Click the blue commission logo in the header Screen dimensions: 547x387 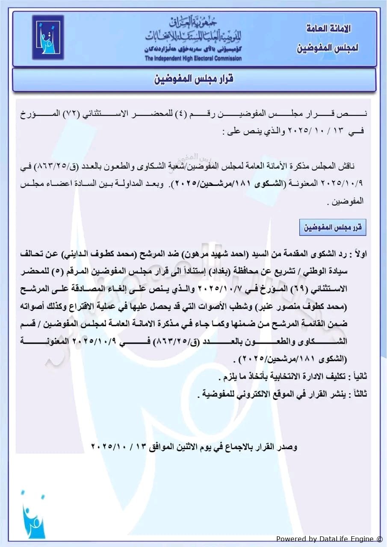click(x=48, y=38)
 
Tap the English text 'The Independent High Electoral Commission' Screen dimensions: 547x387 click(x=193, y=59)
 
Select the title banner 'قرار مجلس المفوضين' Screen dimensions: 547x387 click(x=193, y=79)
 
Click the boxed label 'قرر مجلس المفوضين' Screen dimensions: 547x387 click(x=333, y=228)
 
